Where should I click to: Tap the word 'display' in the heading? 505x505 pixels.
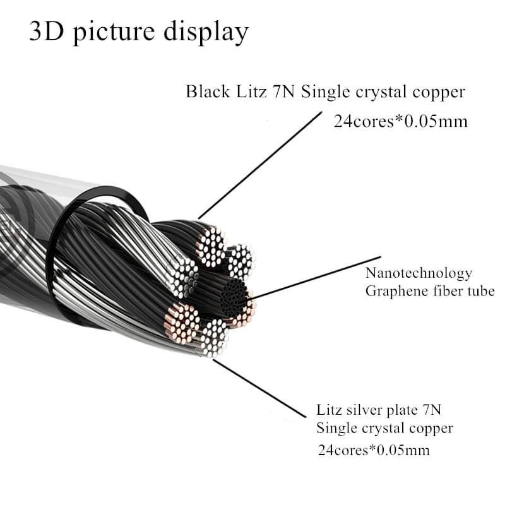[x=206, y=32]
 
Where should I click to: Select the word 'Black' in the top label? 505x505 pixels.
[x=206, y=92]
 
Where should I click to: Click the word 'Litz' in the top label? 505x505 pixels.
[x=250, y=92]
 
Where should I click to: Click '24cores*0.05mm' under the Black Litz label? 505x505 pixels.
[x=400, y=121]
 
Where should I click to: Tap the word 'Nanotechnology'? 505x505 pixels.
[x=419, y=273]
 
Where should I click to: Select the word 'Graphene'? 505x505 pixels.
[x=393, y=292]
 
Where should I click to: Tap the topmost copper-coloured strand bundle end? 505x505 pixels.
[x=210, y=245]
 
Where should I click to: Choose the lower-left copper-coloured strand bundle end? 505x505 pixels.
[x=182, y=321]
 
